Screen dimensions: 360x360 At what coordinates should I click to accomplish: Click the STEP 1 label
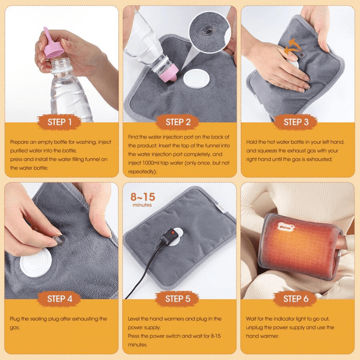click(x=59, y=122)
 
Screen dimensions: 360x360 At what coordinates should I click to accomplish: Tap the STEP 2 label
click(x=178, y=122)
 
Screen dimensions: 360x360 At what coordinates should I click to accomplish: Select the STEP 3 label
click(x=296, y=122)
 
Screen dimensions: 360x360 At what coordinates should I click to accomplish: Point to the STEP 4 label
click(x=59, y=299)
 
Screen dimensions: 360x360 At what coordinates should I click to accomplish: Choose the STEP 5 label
click(x=178, y=299)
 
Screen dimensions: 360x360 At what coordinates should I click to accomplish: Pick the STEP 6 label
click(x=296, y=299)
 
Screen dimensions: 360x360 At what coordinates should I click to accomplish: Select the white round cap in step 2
click(x=197, y=78)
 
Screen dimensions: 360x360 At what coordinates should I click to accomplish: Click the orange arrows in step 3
click(x=292, y=46)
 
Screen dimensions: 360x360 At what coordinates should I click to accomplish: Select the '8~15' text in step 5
click(x=143, y=197)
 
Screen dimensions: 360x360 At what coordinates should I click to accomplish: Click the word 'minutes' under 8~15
click(x=142, y=205)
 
